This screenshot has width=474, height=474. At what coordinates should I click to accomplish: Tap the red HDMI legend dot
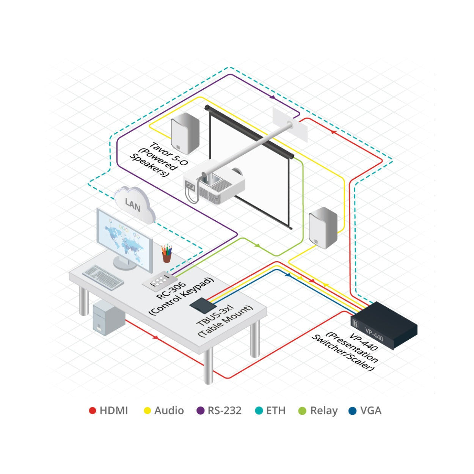[x=92, y=411]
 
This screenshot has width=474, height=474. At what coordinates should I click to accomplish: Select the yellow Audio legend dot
[x=147, y=411]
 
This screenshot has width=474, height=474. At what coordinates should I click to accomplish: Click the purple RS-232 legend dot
[x=201, y=411]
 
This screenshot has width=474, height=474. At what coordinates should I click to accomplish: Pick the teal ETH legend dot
[x=259, y=411]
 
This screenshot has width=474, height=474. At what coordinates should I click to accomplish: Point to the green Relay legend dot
[x=302, y=411]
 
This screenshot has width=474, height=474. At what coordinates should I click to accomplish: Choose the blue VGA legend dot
[x=353, y=411]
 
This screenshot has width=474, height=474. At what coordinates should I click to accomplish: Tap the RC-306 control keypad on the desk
[x=161, y=281]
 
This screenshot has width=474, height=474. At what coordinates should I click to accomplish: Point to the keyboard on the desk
[x=103, y=276]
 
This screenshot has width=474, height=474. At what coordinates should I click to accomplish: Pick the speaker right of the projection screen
[x=323, y=228]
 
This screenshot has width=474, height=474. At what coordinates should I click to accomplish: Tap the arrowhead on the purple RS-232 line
[x=272, y=97]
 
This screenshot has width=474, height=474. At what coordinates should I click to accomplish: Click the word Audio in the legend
[x=169, y=411]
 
